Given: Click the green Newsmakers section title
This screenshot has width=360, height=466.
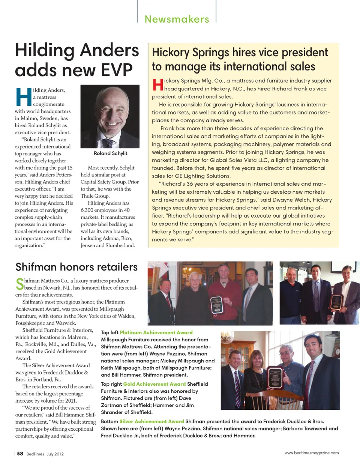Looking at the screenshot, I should [x=177, y=19].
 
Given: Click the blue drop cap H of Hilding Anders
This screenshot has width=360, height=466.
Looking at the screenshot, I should [x=24, y=96].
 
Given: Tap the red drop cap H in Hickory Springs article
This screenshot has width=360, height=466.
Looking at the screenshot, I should [x=157, y=85].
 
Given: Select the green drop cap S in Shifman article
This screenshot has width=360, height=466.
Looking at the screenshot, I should [x=19, y=284].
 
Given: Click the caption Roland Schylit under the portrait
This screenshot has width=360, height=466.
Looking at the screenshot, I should [x=110, y=153].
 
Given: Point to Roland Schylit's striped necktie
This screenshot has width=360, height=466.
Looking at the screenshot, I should [x=108, y=143].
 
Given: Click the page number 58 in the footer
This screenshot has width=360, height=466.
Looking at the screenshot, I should [x=20, y=454].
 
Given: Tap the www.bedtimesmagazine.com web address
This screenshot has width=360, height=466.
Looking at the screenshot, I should [x=311, y=453].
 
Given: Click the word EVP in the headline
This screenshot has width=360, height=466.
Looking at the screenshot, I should [x=116, y=70].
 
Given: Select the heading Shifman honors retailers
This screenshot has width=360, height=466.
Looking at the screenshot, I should [x=76, y=267].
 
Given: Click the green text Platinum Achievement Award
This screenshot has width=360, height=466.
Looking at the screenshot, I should [x=156, y=332].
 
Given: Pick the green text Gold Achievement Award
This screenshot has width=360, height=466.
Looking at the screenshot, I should [x=154, y=384].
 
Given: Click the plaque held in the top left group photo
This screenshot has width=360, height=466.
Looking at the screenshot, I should [x=217, y=304].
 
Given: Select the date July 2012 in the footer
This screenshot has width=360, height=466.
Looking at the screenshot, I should [x=55, y=454].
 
